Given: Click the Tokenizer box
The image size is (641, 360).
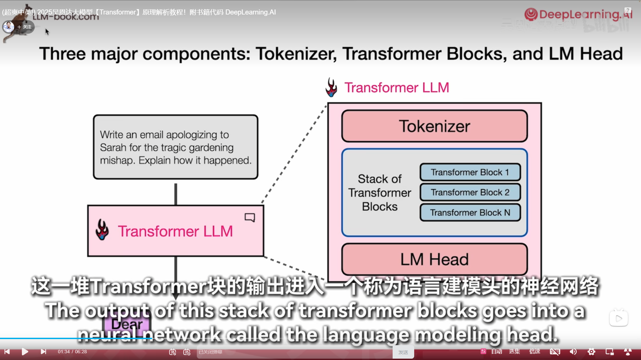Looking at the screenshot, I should click(x=434, y=126).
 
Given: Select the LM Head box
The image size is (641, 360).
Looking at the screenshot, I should click(x=434, y=259).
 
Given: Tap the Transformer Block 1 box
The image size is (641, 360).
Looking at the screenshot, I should click(x=470, y=172).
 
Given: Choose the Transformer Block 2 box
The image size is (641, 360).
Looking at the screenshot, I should click(x=470, y=192).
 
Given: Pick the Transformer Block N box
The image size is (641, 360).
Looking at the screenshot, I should click(x=470, y=213).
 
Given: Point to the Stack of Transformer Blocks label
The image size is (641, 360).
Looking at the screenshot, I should click(x=380, y=193).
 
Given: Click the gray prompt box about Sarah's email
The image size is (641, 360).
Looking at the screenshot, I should click(x=176, y=147).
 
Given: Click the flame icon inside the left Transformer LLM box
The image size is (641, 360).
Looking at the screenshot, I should click(x=102, y=230).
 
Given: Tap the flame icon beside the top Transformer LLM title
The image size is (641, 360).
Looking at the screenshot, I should click(x=331, y=87).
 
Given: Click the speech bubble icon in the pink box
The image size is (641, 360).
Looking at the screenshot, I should click(x=250, y=217).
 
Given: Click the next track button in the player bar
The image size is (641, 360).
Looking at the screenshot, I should click(x=43, y=352).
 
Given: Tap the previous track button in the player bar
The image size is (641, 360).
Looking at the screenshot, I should click(x=7, y=352).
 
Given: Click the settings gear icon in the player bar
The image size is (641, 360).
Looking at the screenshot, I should click(x=591, y=352).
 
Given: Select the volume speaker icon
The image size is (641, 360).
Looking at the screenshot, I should click(x=573, y=352).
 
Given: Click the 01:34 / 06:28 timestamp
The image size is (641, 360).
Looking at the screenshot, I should click(x=72, y=352).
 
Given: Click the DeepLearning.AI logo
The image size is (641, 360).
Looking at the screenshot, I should click(x=578, y=14).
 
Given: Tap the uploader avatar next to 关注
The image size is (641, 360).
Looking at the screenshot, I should click(x=8, y=27).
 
